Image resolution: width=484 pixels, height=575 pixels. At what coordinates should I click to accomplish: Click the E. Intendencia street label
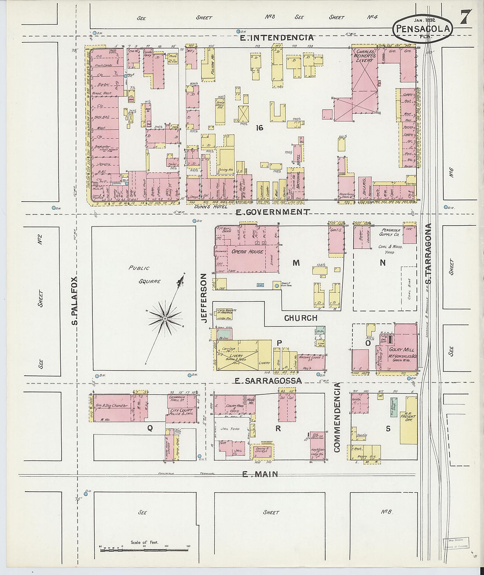coord(277,38)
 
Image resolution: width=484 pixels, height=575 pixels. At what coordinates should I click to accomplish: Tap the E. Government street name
coord(272,212)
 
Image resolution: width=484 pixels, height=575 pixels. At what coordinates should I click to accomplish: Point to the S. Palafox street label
coord(75,301)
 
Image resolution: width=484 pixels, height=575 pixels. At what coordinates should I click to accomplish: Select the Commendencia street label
coord(337,417)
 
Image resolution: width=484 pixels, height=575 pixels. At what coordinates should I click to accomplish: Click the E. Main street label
coord(260,474)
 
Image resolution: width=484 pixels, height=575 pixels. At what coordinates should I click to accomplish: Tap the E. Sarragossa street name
coord(268,380)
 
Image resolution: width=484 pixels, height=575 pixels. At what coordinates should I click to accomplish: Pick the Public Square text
coord(145,274)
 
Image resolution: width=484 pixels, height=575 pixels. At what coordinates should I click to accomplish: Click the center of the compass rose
coord(165,318)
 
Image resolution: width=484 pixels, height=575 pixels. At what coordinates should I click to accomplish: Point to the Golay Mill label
coord(400,349)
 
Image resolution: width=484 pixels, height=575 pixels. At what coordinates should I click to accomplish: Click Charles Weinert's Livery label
coord(364,56)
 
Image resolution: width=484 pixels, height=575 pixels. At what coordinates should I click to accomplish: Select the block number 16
coord(260,127)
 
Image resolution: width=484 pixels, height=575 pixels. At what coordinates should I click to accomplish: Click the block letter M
coord(296,263)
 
